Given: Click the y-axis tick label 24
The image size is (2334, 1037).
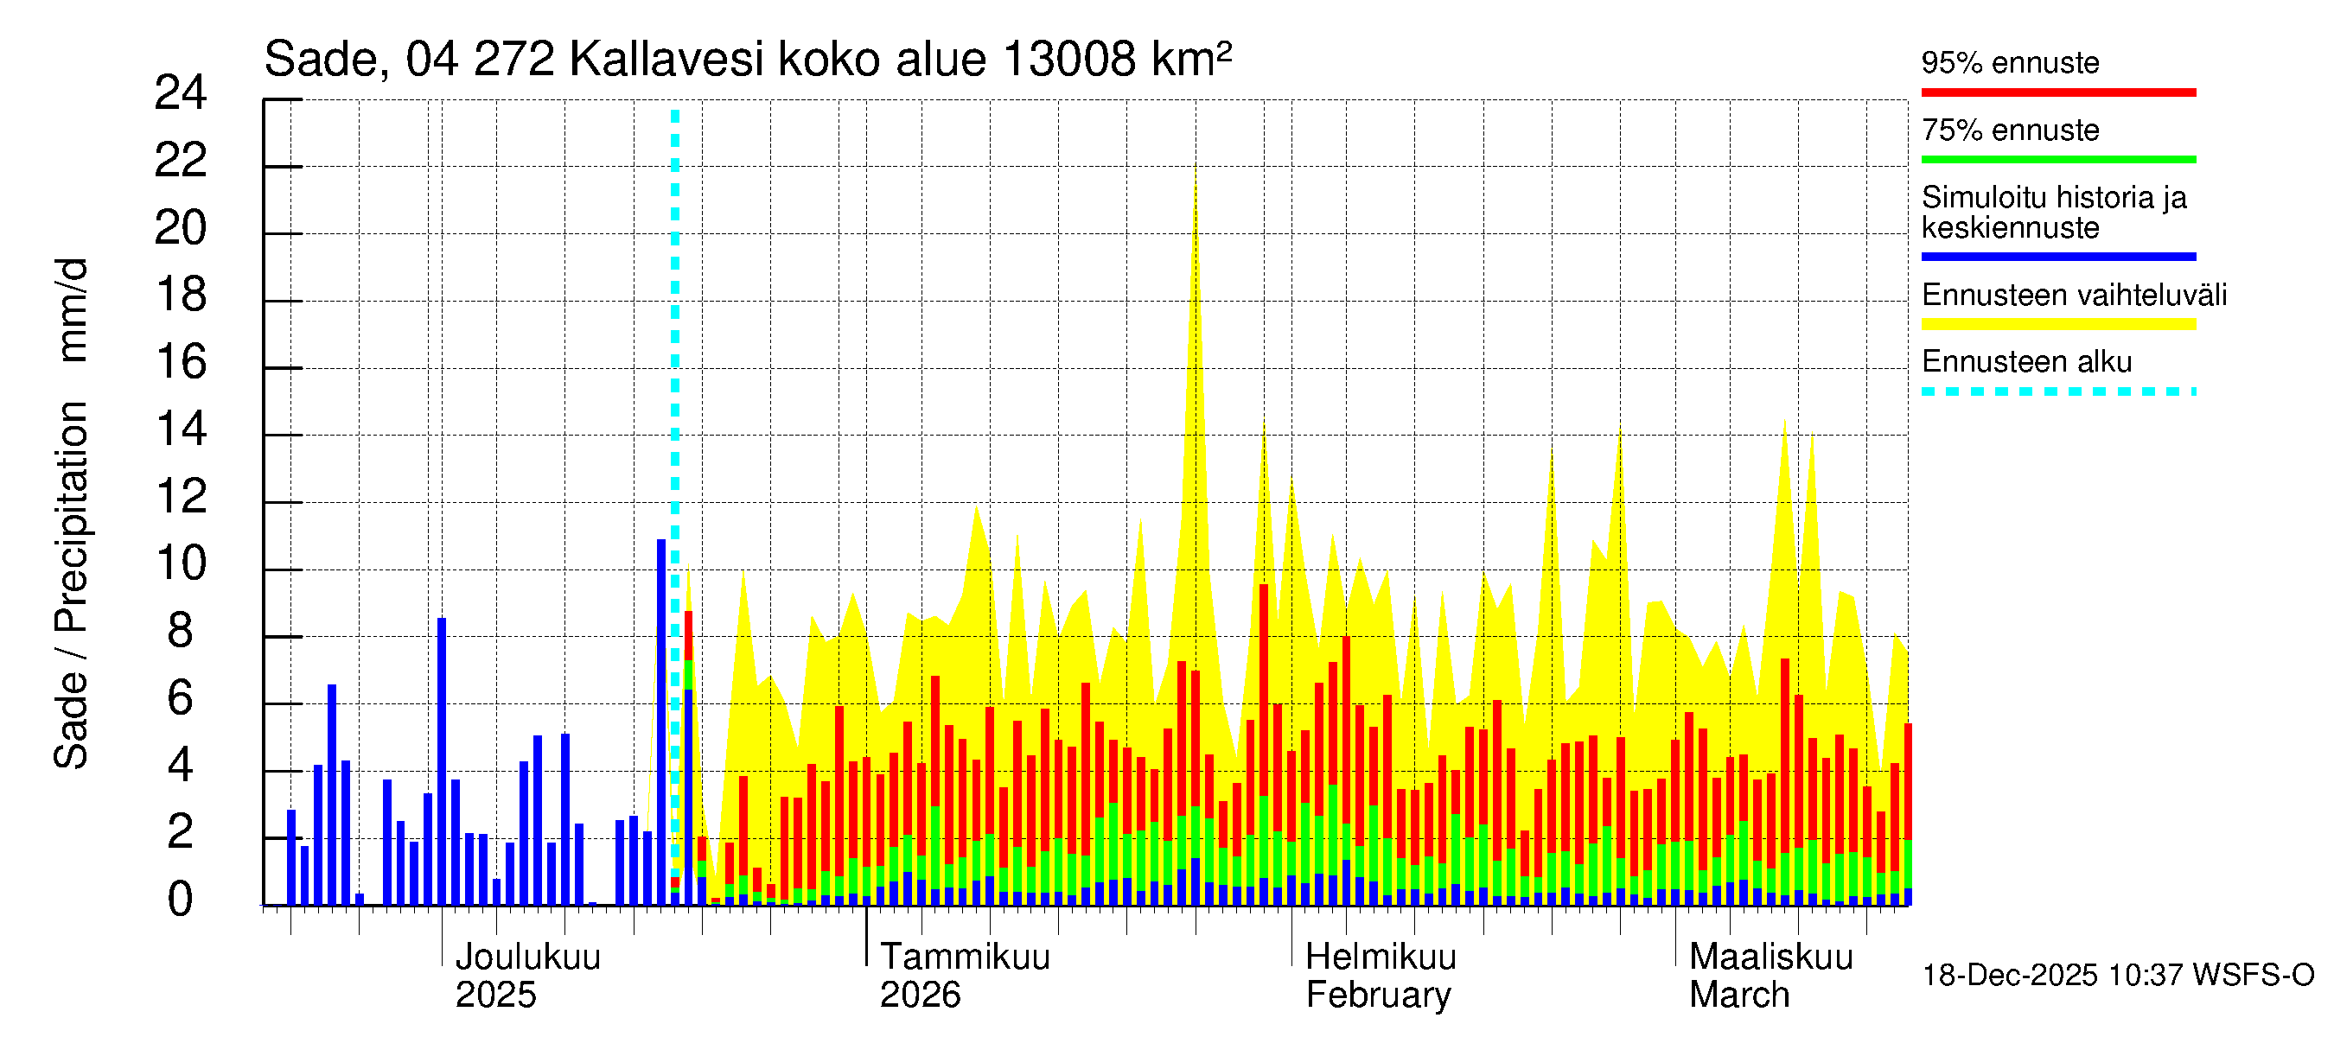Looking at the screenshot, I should pyautogui.click(x=181, y=93).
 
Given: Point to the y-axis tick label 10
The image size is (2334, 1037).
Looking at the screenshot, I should pyautogui.click(x=181, y=564).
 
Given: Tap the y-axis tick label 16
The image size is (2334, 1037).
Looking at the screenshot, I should pyautogui.click(x=181, y=362).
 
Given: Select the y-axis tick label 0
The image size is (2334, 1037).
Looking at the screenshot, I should pyautogui.click(x=181, y=900).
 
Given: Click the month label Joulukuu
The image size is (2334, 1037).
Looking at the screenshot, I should pyautogui.click(x=527, y=957).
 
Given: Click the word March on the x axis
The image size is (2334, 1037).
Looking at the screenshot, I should pyautogui.click(x=1738, y=996).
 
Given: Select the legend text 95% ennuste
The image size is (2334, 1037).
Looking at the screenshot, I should pyautogui.click(x=2010, y=62).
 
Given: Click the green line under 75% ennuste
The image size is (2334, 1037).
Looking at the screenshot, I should pyautogui.click(x=2057, y=159).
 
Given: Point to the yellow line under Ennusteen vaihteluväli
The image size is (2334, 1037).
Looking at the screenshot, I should pyautogui.click(x=2057, y=324).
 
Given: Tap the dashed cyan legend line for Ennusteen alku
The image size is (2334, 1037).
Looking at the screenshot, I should pyautogui.click(x=2057, y=392).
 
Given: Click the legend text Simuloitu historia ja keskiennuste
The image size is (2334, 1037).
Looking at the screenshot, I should pyautogui.click(x=2053, y=212).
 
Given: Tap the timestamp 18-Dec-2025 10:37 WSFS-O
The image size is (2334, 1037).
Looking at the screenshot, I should pyautogui.click(x=2117, y=976).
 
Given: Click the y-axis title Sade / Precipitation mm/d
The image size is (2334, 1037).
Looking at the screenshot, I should pyautogui.click(x=71, y=513).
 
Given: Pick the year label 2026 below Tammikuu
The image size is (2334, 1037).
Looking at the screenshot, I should pyautogui.click(x=920, y=996).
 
